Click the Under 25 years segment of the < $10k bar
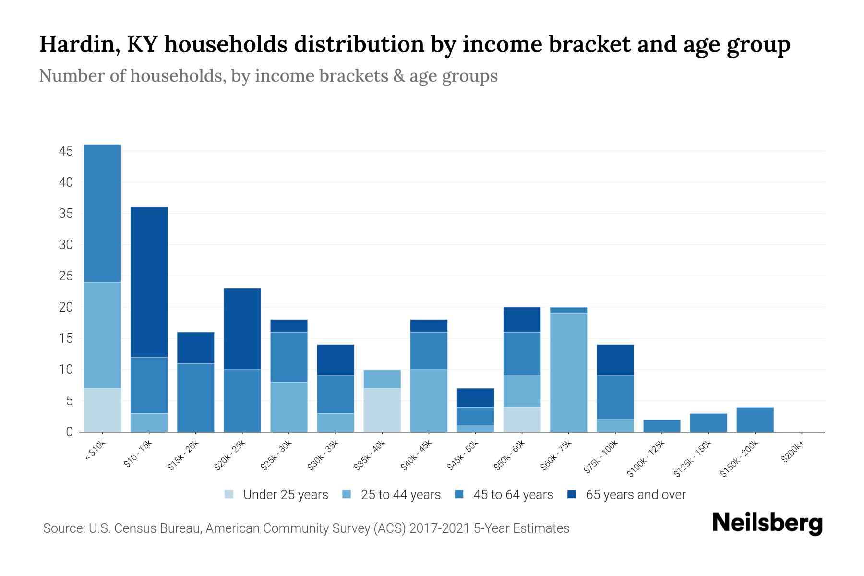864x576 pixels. pyautogui.click(x=102, y=410)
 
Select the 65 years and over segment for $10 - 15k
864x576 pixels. pyautogui.click(x=149, y=282)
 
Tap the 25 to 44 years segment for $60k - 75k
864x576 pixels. pyautogui.click(x=568, y=372)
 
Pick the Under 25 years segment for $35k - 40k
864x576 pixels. pyautogui.click(x=382, y=410)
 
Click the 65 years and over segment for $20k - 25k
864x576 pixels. pyautogui.click(x=242, y=329)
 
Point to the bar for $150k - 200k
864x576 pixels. pyautogui.click(x=755, y=420)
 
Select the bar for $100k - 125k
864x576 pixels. pyautogui.click(x=661, y=426)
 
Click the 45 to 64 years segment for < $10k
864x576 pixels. pyautogui.click(x=102, y=214)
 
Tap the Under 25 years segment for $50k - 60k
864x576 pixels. pyautogui.click(x=522, y=420)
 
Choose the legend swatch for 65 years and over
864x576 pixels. pyautogui.click(x=572, y=494)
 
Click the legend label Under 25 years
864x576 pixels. pyautogui.click(x=286, y=495)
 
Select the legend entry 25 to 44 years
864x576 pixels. pyautogui.click(x=401, y=495)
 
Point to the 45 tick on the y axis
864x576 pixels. pyautogui.click(x=66, y=152)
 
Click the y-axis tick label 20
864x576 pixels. pyautogui.click(x=66, y=308)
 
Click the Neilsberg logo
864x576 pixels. pyautogui.click(x=767, y=524)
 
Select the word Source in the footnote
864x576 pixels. pyautogui.click(x=63, y=528)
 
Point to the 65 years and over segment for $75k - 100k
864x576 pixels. pyautogui.click(x=615, y=360)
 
